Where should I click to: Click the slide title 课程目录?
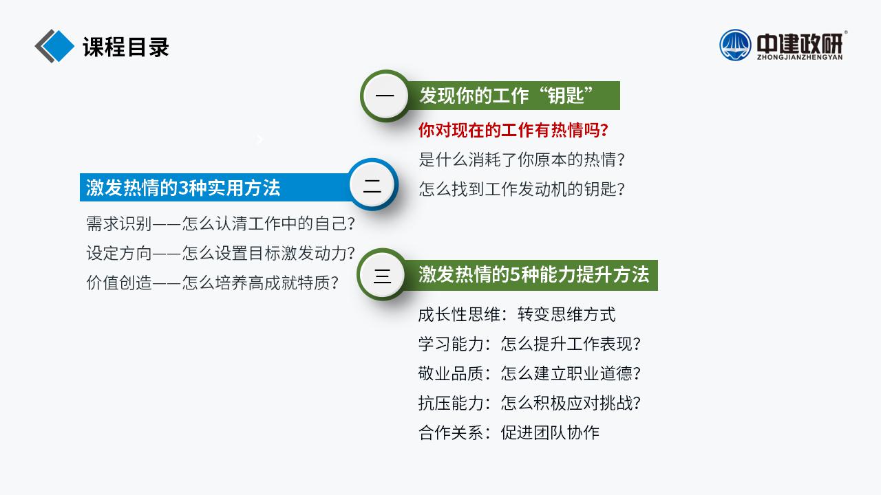(126, 47)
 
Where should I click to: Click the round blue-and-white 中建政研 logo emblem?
(735, 45)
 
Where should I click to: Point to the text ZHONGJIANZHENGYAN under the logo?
(800, 57)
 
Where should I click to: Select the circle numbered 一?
(385, 96)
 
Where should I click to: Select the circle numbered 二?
(372, 185)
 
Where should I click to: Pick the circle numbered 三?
(382, 274)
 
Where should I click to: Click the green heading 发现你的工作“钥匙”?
(506, 96)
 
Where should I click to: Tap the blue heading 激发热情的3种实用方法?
(183, 188)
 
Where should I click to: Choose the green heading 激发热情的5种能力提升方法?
(533, 274)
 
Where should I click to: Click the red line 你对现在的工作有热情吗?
(513, 130)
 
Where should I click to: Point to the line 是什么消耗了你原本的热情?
(522, 159)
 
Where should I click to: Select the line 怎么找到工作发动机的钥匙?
(522, 189)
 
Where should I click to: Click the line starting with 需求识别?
(221, 223)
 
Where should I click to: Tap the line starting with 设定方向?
(221, 253)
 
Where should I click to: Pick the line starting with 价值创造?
(213, 283)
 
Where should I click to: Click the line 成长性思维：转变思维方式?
(517, 315)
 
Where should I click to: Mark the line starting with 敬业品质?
(529, 373)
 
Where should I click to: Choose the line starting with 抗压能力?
(529, 403)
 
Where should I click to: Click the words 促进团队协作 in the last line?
(550, 432)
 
